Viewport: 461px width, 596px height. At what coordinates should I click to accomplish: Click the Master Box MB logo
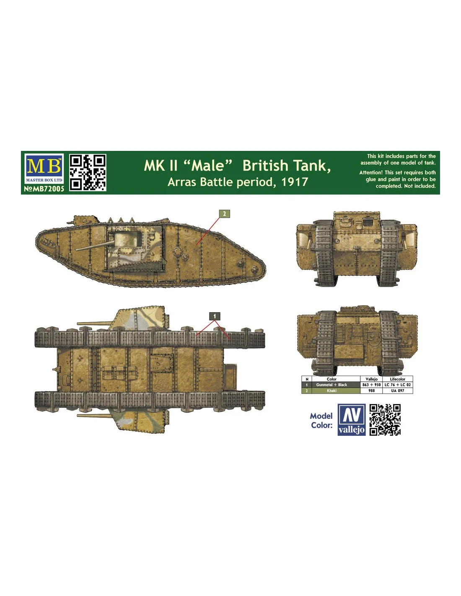pyautogui.click(x=44, y=168)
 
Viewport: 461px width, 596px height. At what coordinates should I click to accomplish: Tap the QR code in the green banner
pyautogui.click(x=88, y=172)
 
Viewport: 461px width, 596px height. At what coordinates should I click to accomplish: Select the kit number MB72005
pyautogui.click(x=44, y=189)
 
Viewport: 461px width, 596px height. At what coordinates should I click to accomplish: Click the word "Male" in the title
pyautogui.click(x=207, y=166)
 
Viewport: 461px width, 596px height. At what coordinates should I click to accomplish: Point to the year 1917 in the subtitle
pyautogui.click(x=295, y=182)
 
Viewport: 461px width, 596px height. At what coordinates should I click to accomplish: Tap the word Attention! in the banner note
pyautogui.click(x=370, y=173)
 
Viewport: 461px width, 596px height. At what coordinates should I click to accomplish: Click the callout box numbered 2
pyautogui.click(x=224, y=214)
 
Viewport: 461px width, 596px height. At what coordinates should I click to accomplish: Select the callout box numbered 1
pyautogui.click(x=215, y=316)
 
